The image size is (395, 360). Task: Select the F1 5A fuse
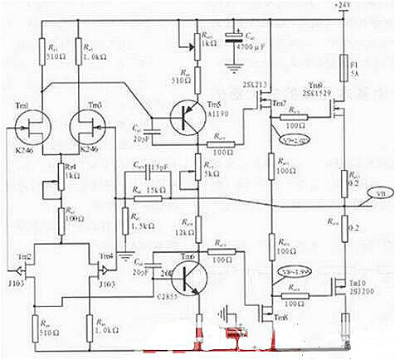click(344, 66)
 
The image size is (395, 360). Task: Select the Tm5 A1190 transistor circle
click(188, 117)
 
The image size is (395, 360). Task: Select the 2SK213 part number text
click(253, 85)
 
